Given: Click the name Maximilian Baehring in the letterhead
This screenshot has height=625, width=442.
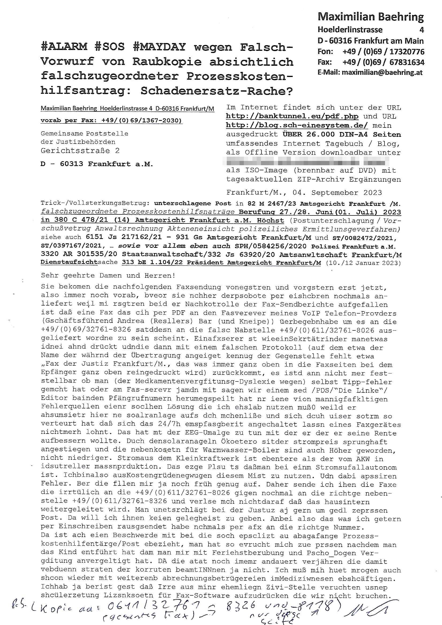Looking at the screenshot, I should pyautogui.click(x=370, y=17).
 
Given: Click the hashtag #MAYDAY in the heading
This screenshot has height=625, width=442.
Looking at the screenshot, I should pyautogui.click(x=160, y=47).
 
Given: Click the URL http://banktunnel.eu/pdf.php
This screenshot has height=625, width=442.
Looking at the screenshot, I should pyautogui.click(x=292, y=117).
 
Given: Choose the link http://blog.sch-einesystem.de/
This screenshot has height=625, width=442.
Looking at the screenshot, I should pyautogui.click(x=297, y=125).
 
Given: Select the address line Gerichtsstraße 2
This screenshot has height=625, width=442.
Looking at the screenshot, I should pyautogui.click(x=80, y=151).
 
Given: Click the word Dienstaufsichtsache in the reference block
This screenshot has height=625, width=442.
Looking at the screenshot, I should pyautogui.click(x=79, y=263).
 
